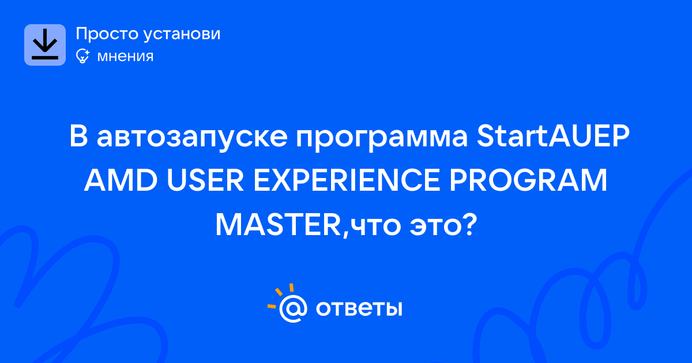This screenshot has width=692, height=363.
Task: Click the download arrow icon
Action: click(45, 44)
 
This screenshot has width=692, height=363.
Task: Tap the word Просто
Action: click(107, 34)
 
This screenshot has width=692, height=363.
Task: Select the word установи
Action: click(182, 34)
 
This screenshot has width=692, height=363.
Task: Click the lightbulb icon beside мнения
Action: click(82, 56)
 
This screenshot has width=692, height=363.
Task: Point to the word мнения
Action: click(125, 56)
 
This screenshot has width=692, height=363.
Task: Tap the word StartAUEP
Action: click(553, 135)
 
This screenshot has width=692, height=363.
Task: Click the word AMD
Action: click(121, 180)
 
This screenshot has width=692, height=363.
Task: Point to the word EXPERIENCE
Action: click(347, 180)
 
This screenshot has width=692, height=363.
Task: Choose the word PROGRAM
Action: click(528, 180)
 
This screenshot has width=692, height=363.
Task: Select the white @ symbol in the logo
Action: click(293, 308)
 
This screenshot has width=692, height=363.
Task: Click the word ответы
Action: click(359, 308)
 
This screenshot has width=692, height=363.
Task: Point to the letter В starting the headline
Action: click(78, 135)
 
